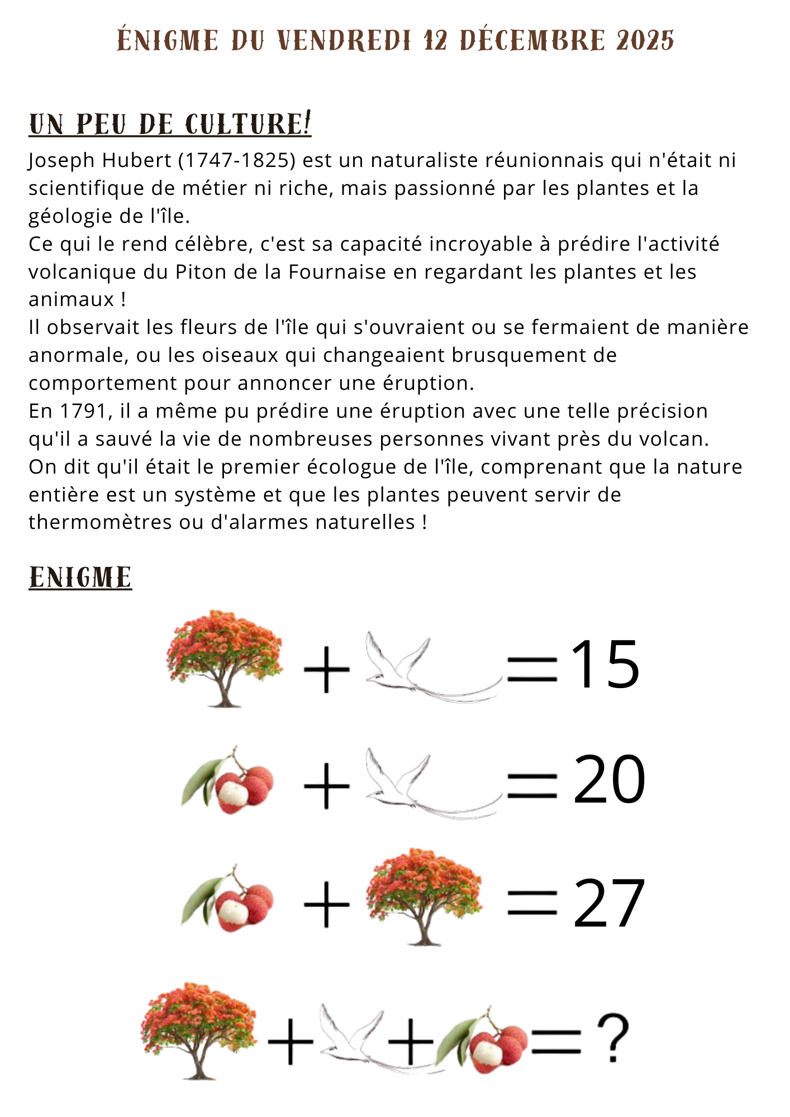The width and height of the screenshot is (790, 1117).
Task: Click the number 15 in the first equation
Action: point(605,664)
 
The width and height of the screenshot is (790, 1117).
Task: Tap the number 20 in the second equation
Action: point(609,780)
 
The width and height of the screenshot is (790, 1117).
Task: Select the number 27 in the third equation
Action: point(609,903)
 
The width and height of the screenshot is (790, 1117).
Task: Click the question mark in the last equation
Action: point(613,1038)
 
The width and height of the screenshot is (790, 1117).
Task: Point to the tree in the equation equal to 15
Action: point(225,659)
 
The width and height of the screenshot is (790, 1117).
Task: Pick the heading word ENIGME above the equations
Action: point(80,577)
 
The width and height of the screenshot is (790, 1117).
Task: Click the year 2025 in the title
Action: point(645,41)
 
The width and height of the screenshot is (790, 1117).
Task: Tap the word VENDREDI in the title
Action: point(344,41)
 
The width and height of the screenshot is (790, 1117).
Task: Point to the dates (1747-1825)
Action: point(237,161)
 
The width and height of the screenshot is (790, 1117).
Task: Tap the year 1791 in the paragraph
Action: point(83,412)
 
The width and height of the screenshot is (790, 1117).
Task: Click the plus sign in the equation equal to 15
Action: point(326,669)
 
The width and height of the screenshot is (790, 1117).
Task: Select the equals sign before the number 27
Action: point(532,903)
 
